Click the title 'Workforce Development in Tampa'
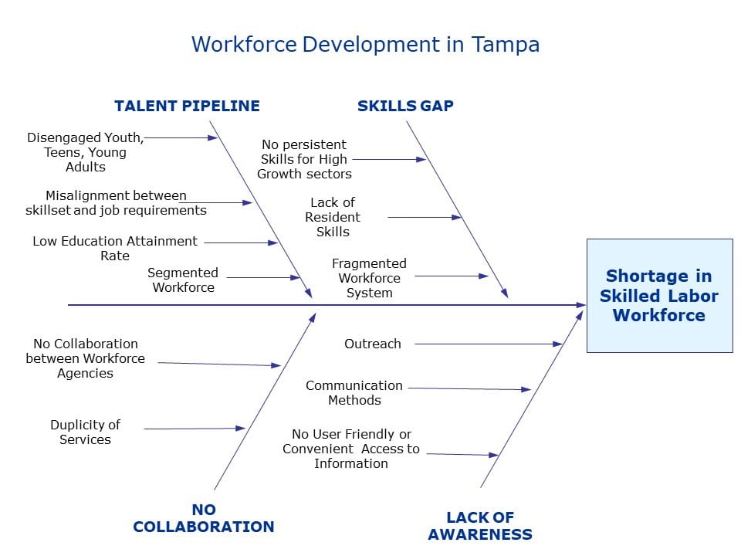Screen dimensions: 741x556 tap(365, 45)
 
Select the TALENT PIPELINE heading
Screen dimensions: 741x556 tap(187, 106)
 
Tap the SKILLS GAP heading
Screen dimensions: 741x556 tap(405, 106)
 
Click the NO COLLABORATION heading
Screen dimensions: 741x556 tap(204, 518)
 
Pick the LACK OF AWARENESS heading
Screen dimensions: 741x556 tap(480, 526)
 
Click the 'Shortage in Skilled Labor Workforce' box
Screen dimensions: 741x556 tap(660, 296)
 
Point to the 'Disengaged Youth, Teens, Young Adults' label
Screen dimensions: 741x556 tap(85, 152)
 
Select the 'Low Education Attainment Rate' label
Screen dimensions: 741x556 tap(115, 248)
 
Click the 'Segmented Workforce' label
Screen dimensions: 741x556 tap(183, 280)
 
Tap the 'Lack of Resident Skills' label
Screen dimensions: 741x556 tap(333, 217)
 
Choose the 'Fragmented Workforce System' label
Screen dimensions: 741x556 tap(369, 278)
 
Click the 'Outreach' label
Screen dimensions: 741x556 tap(372, 344)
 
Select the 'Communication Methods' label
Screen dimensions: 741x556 tap(354, 392)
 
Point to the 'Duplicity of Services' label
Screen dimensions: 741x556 tap(85, 432)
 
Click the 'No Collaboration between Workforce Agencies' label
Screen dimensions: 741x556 tap(85, 358)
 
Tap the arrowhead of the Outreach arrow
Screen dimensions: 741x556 tap(557, 344)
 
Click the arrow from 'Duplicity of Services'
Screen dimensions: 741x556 tap(195, 429)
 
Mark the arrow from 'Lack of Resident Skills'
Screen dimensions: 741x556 tap(425, 218)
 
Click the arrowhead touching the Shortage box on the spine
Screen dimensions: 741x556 tap(581, 305)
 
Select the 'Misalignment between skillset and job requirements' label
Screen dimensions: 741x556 tap(116, 203)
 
